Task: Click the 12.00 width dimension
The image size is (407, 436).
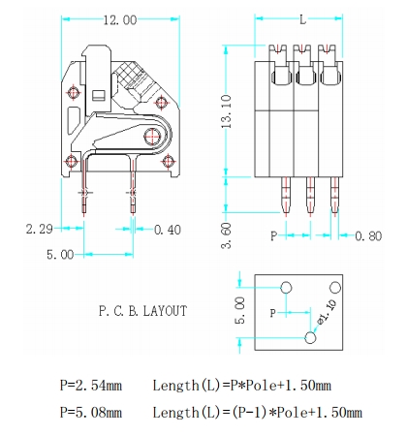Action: [x=119, y=20]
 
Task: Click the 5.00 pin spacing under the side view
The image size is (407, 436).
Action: [x=60, y=255]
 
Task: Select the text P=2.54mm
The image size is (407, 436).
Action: [x=89, y=385]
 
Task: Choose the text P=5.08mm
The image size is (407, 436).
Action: [x=89, y=413]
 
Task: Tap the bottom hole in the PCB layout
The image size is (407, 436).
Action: [x=310, y=337]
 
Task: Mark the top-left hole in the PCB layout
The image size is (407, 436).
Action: [x=286, y=287]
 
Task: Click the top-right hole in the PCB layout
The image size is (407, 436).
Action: [x=334, y=287]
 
